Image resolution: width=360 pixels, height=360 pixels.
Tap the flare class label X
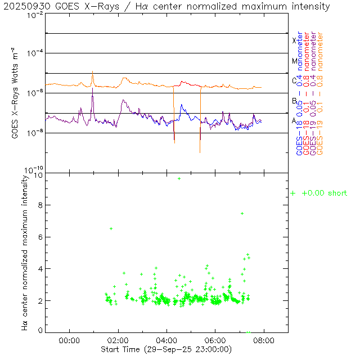tap(294, 40)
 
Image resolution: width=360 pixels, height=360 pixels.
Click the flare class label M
tap(294, 61)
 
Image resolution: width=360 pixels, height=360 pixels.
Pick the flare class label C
tap(294, 80)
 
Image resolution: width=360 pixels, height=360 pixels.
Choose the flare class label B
tap(294, 101)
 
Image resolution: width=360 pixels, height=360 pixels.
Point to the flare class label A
tap(294, 120)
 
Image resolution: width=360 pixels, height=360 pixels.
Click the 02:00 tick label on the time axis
tap(118, 340)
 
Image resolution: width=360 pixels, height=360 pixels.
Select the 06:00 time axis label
tap(215, 340)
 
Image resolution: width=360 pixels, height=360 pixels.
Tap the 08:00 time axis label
tap(264, 340)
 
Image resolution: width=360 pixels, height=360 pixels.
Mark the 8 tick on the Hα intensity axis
tap(39, 205)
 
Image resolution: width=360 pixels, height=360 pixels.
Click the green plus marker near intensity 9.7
tap(179, 178)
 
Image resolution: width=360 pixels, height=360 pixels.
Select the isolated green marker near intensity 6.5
tap(111, 228)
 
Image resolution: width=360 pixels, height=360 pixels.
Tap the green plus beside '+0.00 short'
tap(293, 193)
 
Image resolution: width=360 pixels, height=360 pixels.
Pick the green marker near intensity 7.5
tap(242, 213)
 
